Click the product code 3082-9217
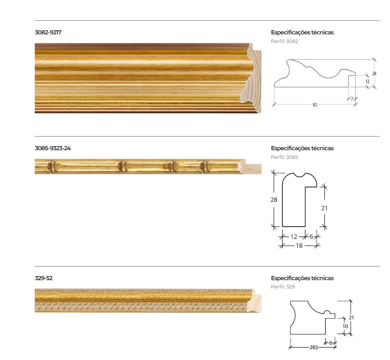[x=48, y=32]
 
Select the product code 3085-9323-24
[x=53, y=148]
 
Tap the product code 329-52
[x=43, y=278]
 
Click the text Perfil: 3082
[x=284, y=41]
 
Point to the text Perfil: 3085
[x=284, y=157]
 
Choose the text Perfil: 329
[x=283, y=287]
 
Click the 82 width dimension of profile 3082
[x=315, y=105]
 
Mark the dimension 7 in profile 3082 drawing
[x=352, y=99]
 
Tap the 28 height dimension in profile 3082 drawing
[x=374, y=74]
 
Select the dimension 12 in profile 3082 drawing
[x=367, y=81]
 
